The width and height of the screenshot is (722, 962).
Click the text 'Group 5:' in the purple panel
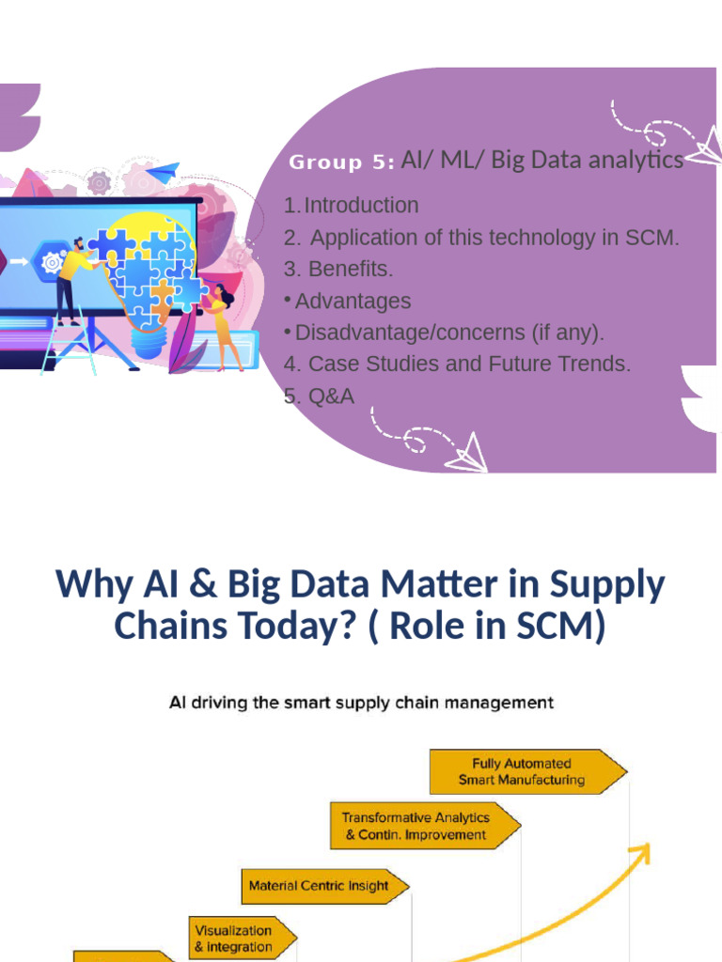[340, 163]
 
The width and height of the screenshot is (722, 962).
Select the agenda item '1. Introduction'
[352, 206]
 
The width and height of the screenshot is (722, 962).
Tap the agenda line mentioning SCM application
[481, 238]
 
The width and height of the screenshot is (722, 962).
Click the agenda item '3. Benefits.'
[338, 269]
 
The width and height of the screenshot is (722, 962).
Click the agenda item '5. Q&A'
[320, 396]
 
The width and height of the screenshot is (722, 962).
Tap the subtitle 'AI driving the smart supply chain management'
[361, 702]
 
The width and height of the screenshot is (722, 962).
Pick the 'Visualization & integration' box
[240, 939]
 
